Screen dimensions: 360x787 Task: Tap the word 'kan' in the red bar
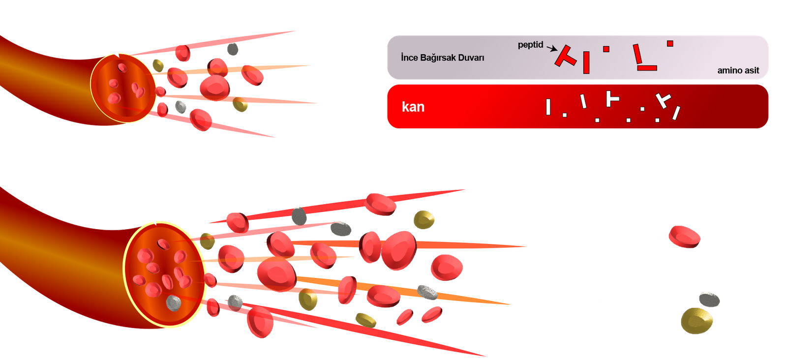point(413,107)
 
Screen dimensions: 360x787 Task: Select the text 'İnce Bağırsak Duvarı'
point(442,58)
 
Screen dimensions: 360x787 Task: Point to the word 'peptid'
point(530,45)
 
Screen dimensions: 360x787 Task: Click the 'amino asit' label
point(738,70)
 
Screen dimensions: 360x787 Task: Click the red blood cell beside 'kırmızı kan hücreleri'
point(684,237)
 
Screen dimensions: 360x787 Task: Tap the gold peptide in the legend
point(696,321)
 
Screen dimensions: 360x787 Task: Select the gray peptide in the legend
point(709,299)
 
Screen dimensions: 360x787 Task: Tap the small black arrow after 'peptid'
point(551,48)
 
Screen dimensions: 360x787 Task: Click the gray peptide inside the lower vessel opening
point(174,302)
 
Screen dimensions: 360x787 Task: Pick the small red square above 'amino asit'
point(670,44)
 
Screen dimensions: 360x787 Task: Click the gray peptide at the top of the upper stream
point(233,49)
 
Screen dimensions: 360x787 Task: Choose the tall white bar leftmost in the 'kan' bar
point(548,107)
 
